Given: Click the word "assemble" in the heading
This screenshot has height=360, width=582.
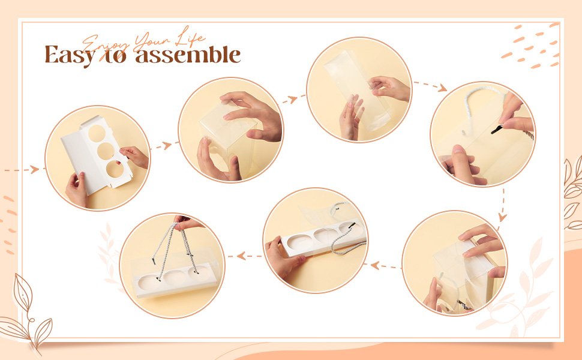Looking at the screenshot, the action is [188, 55].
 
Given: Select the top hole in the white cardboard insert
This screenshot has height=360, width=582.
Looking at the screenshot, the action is [97, 133].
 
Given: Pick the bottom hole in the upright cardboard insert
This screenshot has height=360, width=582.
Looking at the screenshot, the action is [115, 169].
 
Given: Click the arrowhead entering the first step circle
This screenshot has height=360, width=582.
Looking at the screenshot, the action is [35, 170].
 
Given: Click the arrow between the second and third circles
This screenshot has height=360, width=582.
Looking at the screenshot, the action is [294, 98].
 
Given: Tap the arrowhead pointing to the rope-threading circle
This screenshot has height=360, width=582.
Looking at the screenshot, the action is [442, 88].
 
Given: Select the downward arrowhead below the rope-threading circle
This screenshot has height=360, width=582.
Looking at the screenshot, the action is [502, 217].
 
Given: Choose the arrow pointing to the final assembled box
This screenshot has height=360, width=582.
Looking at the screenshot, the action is [245, 256].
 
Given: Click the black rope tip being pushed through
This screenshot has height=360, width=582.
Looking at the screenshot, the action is [496, 130].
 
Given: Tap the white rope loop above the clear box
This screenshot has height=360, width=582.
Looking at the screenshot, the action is [481, 97].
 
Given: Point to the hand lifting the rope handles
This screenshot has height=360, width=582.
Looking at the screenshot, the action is [187, 223].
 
